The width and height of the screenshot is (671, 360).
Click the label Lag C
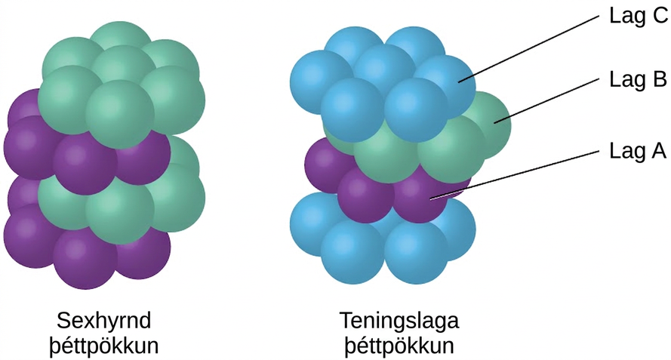point(639,17)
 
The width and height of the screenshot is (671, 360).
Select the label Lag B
point(638,79)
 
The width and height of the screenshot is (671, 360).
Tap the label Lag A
point(638,151)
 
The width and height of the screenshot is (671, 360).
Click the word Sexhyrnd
point(104,321)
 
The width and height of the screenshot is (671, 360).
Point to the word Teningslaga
point(399,321)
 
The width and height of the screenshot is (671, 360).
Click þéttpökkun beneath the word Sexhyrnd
point(104,346)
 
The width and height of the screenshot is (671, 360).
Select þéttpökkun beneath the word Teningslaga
point(399,346)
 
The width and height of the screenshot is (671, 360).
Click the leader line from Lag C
point(529,48)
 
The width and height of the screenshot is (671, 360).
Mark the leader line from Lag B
point(546,100)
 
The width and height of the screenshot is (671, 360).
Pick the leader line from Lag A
point(515,174)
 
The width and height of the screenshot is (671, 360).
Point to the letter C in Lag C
point(660,17)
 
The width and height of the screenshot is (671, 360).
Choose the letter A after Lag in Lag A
point(659,151)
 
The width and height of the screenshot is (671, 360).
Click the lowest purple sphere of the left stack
point(85,258)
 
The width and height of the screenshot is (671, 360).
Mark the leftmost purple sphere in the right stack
point(325,165)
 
